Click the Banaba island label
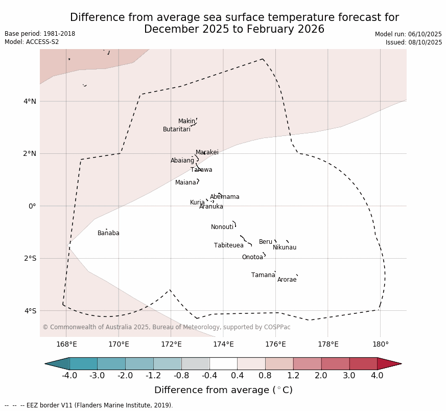[108, 233]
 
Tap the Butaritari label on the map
[176, 129]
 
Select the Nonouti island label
[222, 227]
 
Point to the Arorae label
[287, 280]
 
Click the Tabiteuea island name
[228, 245]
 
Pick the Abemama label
[224, 197]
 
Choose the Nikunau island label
[284, 247]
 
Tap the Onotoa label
[252, 257]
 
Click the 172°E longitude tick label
[171, 344]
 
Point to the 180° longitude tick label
[380, 344]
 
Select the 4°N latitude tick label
[30, 101]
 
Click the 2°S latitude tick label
[30, 258]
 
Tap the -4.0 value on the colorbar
[69, 376]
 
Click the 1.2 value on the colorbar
[293, 376]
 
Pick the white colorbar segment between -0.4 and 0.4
[223, 363]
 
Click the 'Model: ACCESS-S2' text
[32, 42]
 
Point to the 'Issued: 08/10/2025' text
[413, 42]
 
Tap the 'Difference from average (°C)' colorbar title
[223, 390]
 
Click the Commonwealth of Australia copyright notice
[166, 327]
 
